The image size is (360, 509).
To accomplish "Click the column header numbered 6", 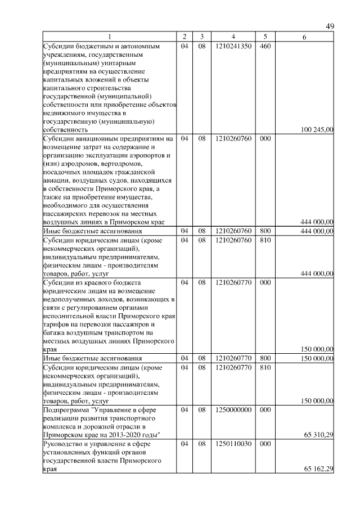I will pos(304,37).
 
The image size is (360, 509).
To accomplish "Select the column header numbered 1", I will pos(110,37).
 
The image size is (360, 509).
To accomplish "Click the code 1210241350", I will pos(232,46).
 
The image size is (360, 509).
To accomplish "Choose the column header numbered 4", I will pos(232,37).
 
